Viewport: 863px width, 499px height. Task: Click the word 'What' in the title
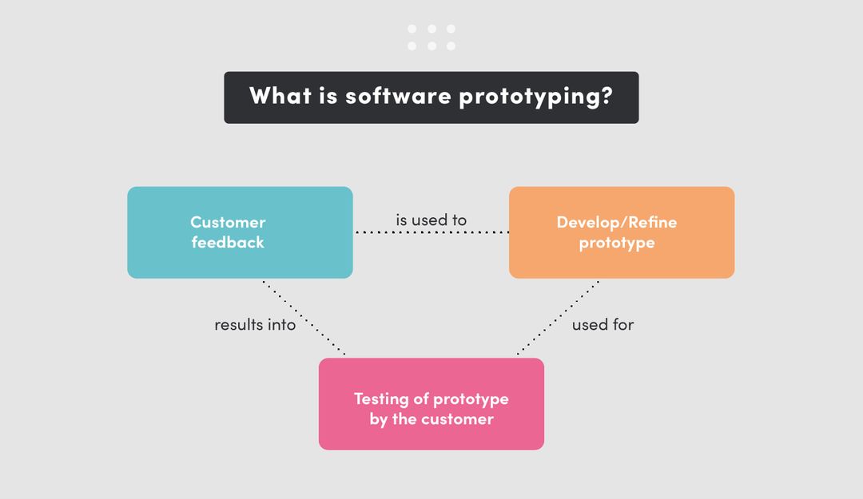coord(280,96)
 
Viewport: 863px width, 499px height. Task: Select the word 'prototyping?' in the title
coord(535,97)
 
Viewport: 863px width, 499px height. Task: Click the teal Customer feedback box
coord(240,232)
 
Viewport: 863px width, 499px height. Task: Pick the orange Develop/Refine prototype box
coord(622,232)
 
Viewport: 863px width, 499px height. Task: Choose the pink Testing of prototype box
coord(431,404)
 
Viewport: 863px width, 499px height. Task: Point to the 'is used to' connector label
coord(431,220)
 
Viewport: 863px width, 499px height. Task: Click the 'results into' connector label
coord(255,325)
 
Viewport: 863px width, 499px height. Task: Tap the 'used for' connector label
coord(603,325)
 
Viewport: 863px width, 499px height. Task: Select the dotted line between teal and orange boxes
coord(431,232)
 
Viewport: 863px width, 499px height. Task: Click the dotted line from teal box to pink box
coord(304,318)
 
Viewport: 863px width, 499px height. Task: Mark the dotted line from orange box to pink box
coord(558,318)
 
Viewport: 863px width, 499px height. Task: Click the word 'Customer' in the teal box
coord(228,222)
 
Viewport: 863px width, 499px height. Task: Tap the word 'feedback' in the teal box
coord(228,243)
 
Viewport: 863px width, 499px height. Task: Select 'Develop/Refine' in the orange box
coord(616,222)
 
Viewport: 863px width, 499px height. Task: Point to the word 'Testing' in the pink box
coord(381,399)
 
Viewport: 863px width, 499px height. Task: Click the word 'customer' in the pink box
coord(457,419)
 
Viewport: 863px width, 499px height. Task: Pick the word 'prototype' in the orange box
coord(617,244)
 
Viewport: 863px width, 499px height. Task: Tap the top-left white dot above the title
coord(412,29)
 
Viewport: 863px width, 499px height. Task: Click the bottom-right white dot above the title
coord(451,46)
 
